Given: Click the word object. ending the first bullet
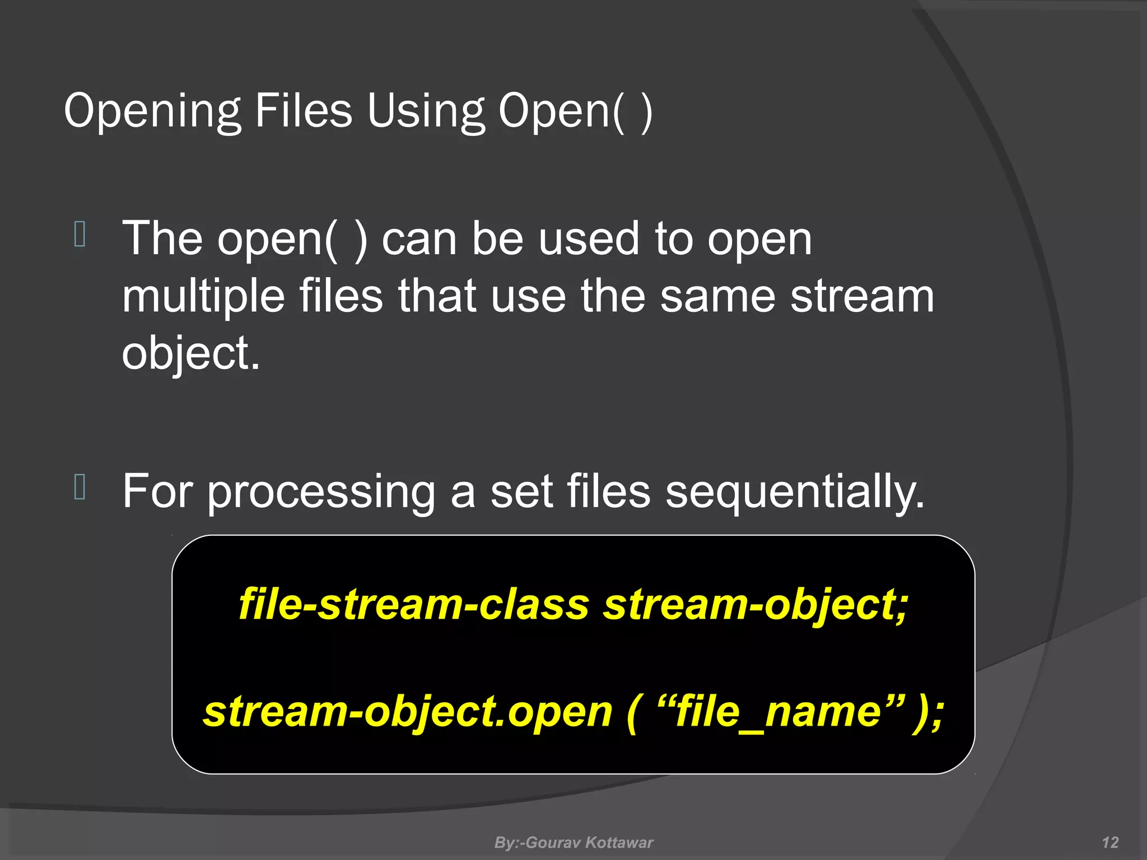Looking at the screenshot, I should [x=191, y=354].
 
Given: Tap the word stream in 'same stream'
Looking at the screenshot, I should [x=862, y=296].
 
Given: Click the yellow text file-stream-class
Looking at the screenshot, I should [x=414, y=605].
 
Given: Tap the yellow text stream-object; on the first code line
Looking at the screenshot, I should [x=756, y=605].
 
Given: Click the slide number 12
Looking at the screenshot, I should [x=1110, y=843].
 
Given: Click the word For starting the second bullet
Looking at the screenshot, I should [x=157, y=492].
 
